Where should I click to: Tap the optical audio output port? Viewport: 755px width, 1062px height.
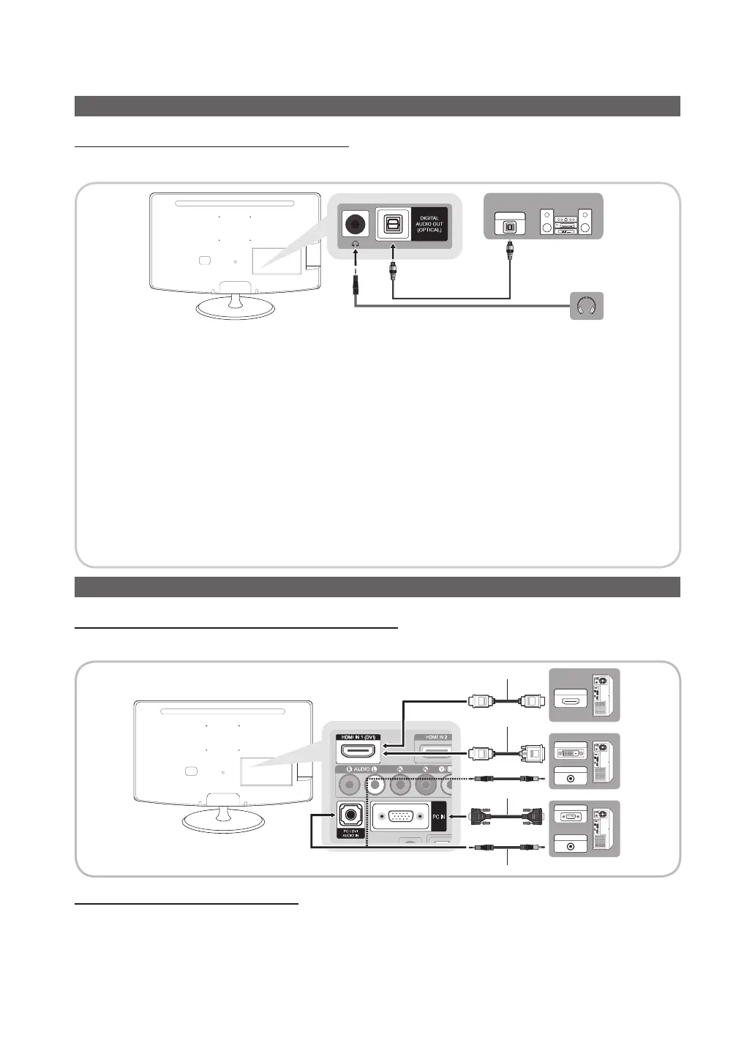(393, 224)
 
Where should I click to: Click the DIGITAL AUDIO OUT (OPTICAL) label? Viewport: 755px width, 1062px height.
(429, 224)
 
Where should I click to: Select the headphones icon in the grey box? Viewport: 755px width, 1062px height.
(587, 305)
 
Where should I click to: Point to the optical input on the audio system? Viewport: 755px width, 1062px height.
(510, 225)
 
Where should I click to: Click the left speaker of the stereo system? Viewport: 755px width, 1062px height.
(546, 223)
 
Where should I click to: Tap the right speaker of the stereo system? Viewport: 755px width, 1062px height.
(585, 223)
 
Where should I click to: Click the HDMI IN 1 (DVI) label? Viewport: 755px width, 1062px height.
(358, 736)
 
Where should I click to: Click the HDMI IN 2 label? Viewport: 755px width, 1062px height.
(432, 736)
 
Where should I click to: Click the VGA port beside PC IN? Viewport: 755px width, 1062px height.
(401, 816)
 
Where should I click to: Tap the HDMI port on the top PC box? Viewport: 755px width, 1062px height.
(571, 700)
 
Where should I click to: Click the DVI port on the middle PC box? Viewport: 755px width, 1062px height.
(571, 752)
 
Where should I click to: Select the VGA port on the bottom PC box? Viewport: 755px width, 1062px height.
(571, 816)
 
